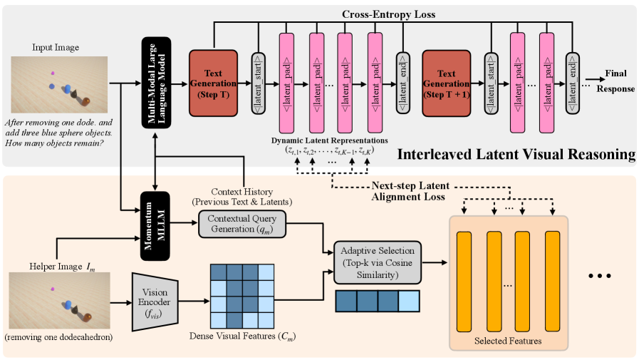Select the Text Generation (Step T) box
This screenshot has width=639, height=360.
(213, 83)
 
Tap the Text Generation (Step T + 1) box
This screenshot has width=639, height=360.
(447, 83)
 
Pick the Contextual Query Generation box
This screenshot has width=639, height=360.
(241, 225)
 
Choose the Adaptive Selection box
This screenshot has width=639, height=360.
(378, 262)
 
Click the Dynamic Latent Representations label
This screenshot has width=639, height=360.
(329, 140)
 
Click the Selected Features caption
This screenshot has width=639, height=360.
(507, 341)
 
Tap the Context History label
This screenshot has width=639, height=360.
(245, 196)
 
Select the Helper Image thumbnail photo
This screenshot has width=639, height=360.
(58, 300)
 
